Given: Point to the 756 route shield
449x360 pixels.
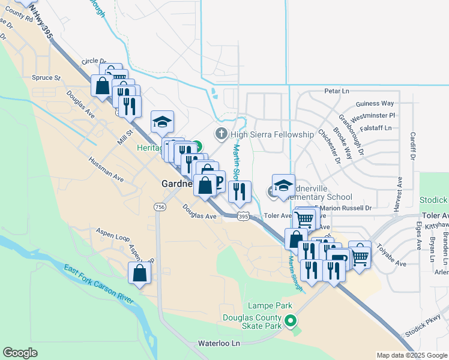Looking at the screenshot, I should (x=160, y=207).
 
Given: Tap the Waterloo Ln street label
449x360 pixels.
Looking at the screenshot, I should (x=219, y=343).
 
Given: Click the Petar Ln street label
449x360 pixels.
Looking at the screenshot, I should (x=337, y=91).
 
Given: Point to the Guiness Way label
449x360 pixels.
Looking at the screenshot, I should (x=375, y=103).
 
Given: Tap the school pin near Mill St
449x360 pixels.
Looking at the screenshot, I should (x=162, y=122).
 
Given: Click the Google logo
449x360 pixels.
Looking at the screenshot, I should (x=20, y=353).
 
